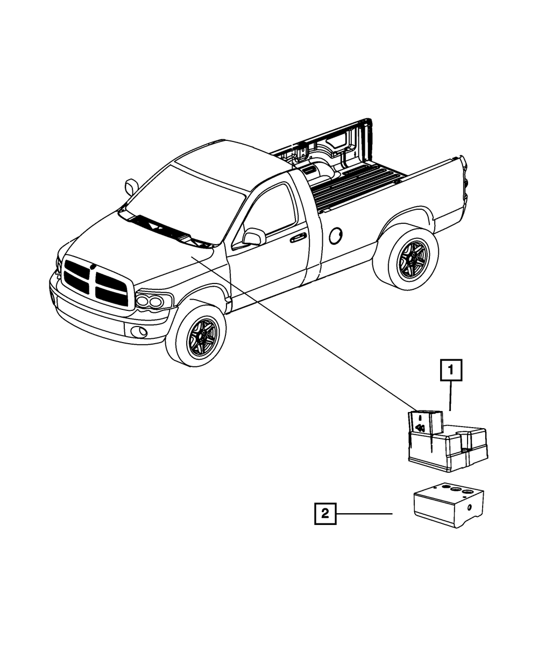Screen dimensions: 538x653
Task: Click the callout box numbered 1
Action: [451, 371]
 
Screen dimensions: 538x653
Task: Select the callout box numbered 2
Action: [325, 513]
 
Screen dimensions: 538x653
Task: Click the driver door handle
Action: [297, 237]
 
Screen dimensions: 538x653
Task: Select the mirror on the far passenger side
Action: [131, 186]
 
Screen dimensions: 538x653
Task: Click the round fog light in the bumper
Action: [141, 331]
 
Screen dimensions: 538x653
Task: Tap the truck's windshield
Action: [180, 199]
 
